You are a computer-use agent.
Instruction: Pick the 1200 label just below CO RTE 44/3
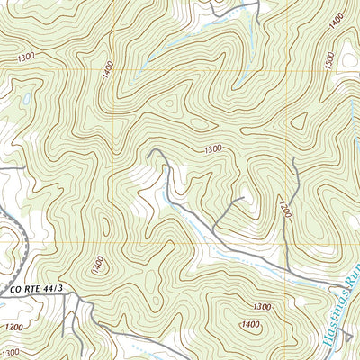tap(14, 327)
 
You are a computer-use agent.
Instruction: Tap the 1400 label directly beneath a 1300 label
tap(250, 324)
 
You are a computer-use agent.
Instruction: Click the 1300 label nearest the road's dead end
tap(212, 149)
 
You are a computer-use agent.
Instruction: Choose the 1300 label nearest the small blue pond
tap(26, 58)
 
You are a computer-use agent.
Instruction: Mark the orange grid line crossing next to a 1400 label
tap(112, 70)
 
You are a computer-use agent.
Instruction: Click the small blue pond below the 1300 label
tap(27, 97)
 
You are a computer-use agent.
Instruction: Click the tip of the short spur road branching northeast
tap(243, 196)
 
